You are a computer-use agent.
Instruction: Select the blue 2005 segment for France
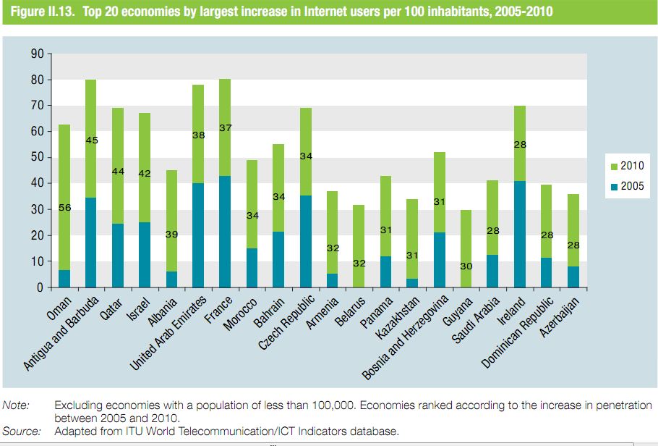(226, 232)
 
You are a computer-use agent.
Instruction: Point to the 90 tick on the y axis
(38, 54)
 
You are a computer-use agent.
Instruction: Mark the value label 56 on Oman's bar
(64, 209)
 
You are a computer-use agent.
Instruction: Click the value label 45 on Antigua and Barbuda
(91, 140)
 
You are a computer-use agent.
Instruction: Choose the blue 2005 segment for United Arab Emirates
(199, 235)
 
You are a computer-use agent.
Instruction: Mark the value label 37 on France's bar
(226, 127)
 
